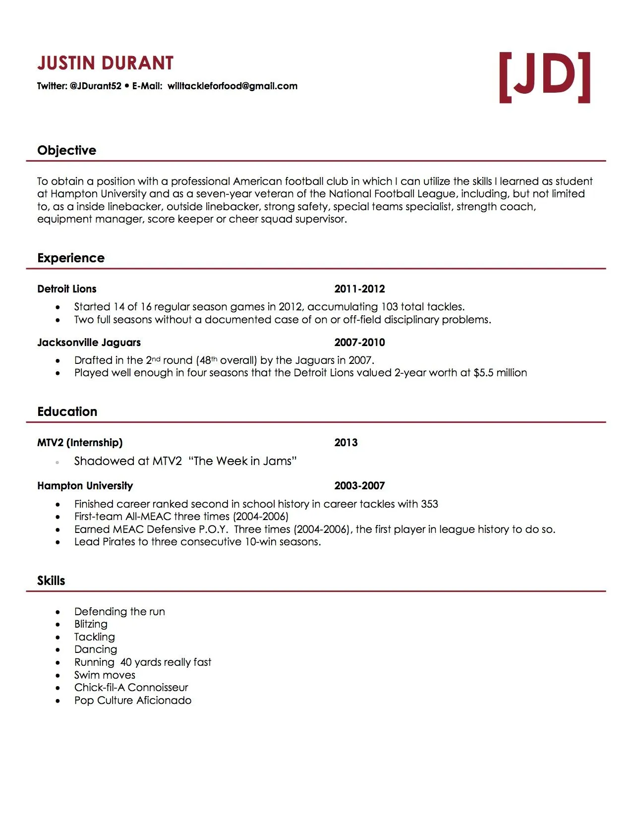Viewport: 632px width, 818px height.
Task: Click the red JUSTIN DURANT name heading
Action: point(105,63)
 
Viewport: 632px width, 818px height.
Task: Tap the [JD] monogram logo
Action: point(544,77)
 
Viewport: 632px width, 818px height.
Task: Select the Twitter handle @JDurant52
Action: point(96,86)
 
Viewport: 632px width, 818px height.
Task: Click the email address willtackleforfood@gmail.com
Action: point(232,86)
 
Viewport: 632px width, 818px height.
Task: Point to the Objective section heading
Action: point(66,150)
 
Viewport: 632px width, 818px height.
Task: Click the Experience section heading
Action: point(71,258)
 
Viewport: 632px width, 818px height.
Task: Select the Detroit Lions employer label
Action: point(66,289)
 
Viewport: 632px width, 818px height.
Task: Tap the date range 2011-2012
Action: point(359,289)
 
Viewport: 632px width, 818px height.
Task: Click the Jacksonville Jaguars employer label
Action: point(89,343)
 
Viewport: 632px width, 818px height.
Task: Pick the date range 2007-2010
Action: point(359,343)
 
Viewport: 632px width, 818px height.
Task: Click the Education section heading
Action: point(67,411)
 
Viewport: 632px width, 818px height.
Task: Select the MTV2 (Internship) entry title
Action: point(80,443)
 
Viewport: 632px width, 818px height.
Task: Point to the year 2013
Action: point(345,443)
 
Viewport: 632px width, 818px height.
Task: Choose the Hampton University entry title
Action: point(85,486)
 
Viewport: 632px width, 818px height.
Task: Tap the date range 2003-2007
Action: point(359,486)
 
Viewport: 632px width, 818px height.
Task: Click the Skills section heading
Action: point(51,581)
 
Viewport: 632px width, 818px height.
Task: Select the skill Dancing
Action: point(96,649)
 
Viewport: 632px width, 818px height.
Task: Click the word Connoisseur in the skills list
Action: point(158,688)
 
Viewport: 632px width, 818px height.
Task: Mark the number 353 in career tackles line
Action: point(429,504)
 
